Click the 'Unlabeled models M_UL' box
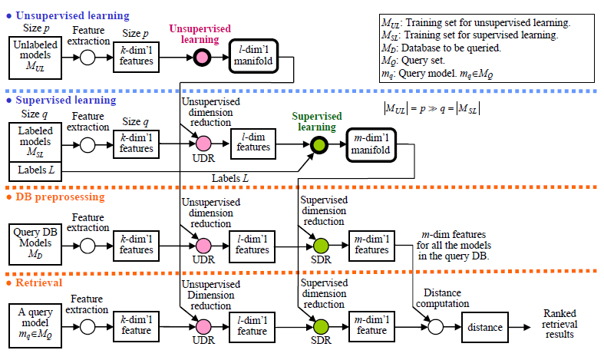(31, 56)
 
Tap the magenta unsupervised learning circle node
(203, 57)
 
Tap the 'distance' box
(484, 327)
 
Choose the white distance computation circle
(436, 327)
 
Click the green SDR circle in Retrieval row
(321, 327)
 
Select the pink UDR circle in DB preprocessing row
(203, 246)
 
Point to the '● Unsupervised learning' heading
(67, 15)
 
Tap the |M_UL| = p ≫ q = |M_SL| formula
(432, 108)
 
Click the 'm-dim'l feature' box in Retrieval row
(371, 326)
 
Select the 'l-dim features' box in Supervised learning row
(252, 142)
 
